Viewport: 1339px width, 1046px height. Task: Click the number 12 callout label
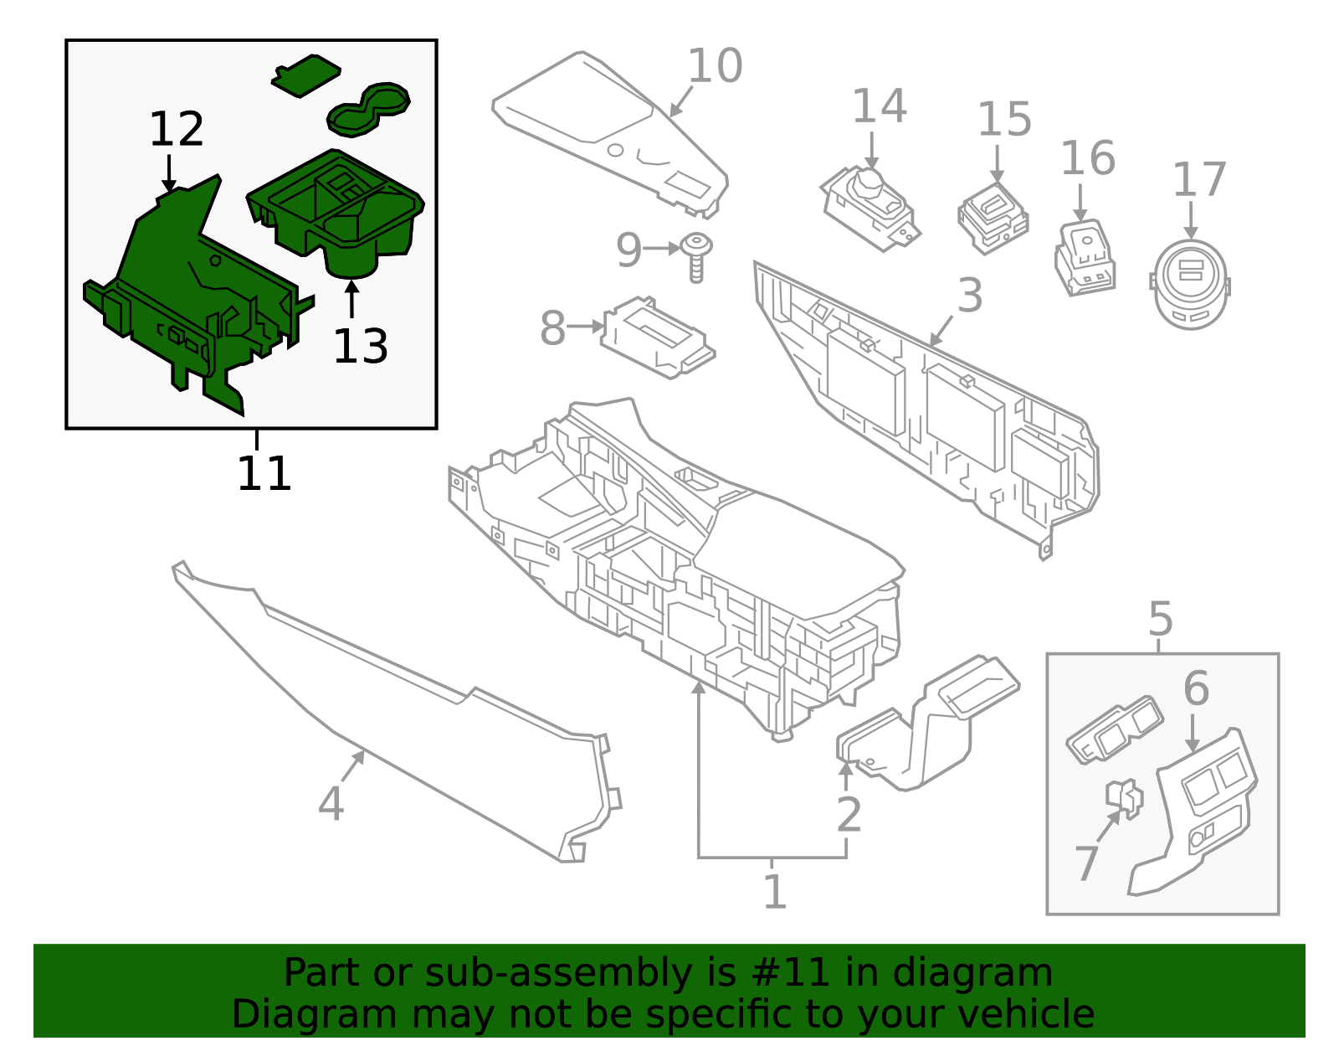point(177,130)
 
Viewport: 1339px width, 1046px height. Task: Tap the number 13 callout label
point(360,346)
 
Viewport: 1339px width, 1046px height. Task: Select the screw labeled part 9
point(696,256)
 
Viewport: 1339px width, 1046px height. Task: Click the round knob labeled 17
point(1191,285)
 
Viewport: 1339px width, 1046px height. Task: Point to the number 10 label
point(715,66)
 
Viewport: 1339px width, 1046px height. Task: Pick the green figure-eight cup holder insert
point(369,109)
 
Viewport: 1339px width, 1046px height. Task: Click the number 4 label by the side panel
point(331,804)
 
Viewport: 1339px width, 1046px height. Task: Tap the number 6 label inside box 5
point(1196,688)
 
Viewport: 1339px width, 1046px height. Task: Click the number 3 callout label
point(969,296)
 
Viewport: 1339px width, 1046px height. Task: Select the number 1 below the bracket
point(774,892)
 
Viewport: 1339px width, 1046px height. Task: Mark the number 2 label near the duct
point(849,815)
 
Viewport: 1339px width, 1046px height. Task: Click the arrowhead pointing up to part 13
point(351,287)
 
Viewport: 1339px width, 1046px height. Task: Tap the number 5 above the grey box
point(1160,620)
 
